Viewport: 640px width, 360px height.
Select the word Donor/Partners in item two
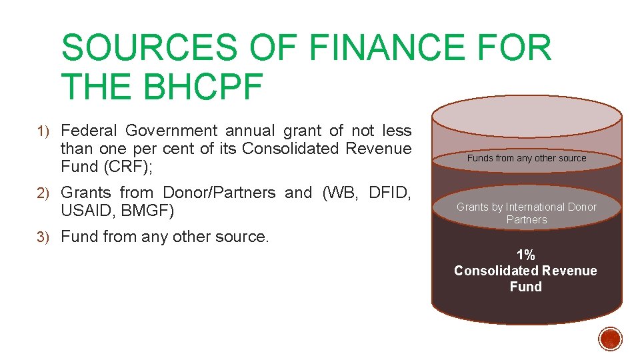click(x=219, y=193)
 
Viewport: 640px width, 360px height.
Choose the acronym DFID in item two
click(x=387, y=193)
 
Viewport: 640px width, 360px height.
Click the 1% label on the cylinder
click(x=525, y=255)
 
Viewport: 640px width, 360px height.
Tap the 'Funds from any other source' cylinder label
click(x=527, y=159)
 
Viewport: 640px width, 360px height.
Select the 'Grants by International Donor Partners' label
click(x=526, y=213)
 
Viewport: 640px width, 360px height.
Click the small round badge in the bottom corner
click(x=610, y=339)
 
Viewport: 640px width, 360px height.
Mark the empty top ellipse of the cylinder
click(x=527, y=119)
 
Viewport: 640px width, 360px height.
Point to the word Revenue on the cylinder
click(x=569, y=271)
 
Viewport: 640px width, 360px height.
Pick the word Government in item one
click(x=171, y=131)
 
